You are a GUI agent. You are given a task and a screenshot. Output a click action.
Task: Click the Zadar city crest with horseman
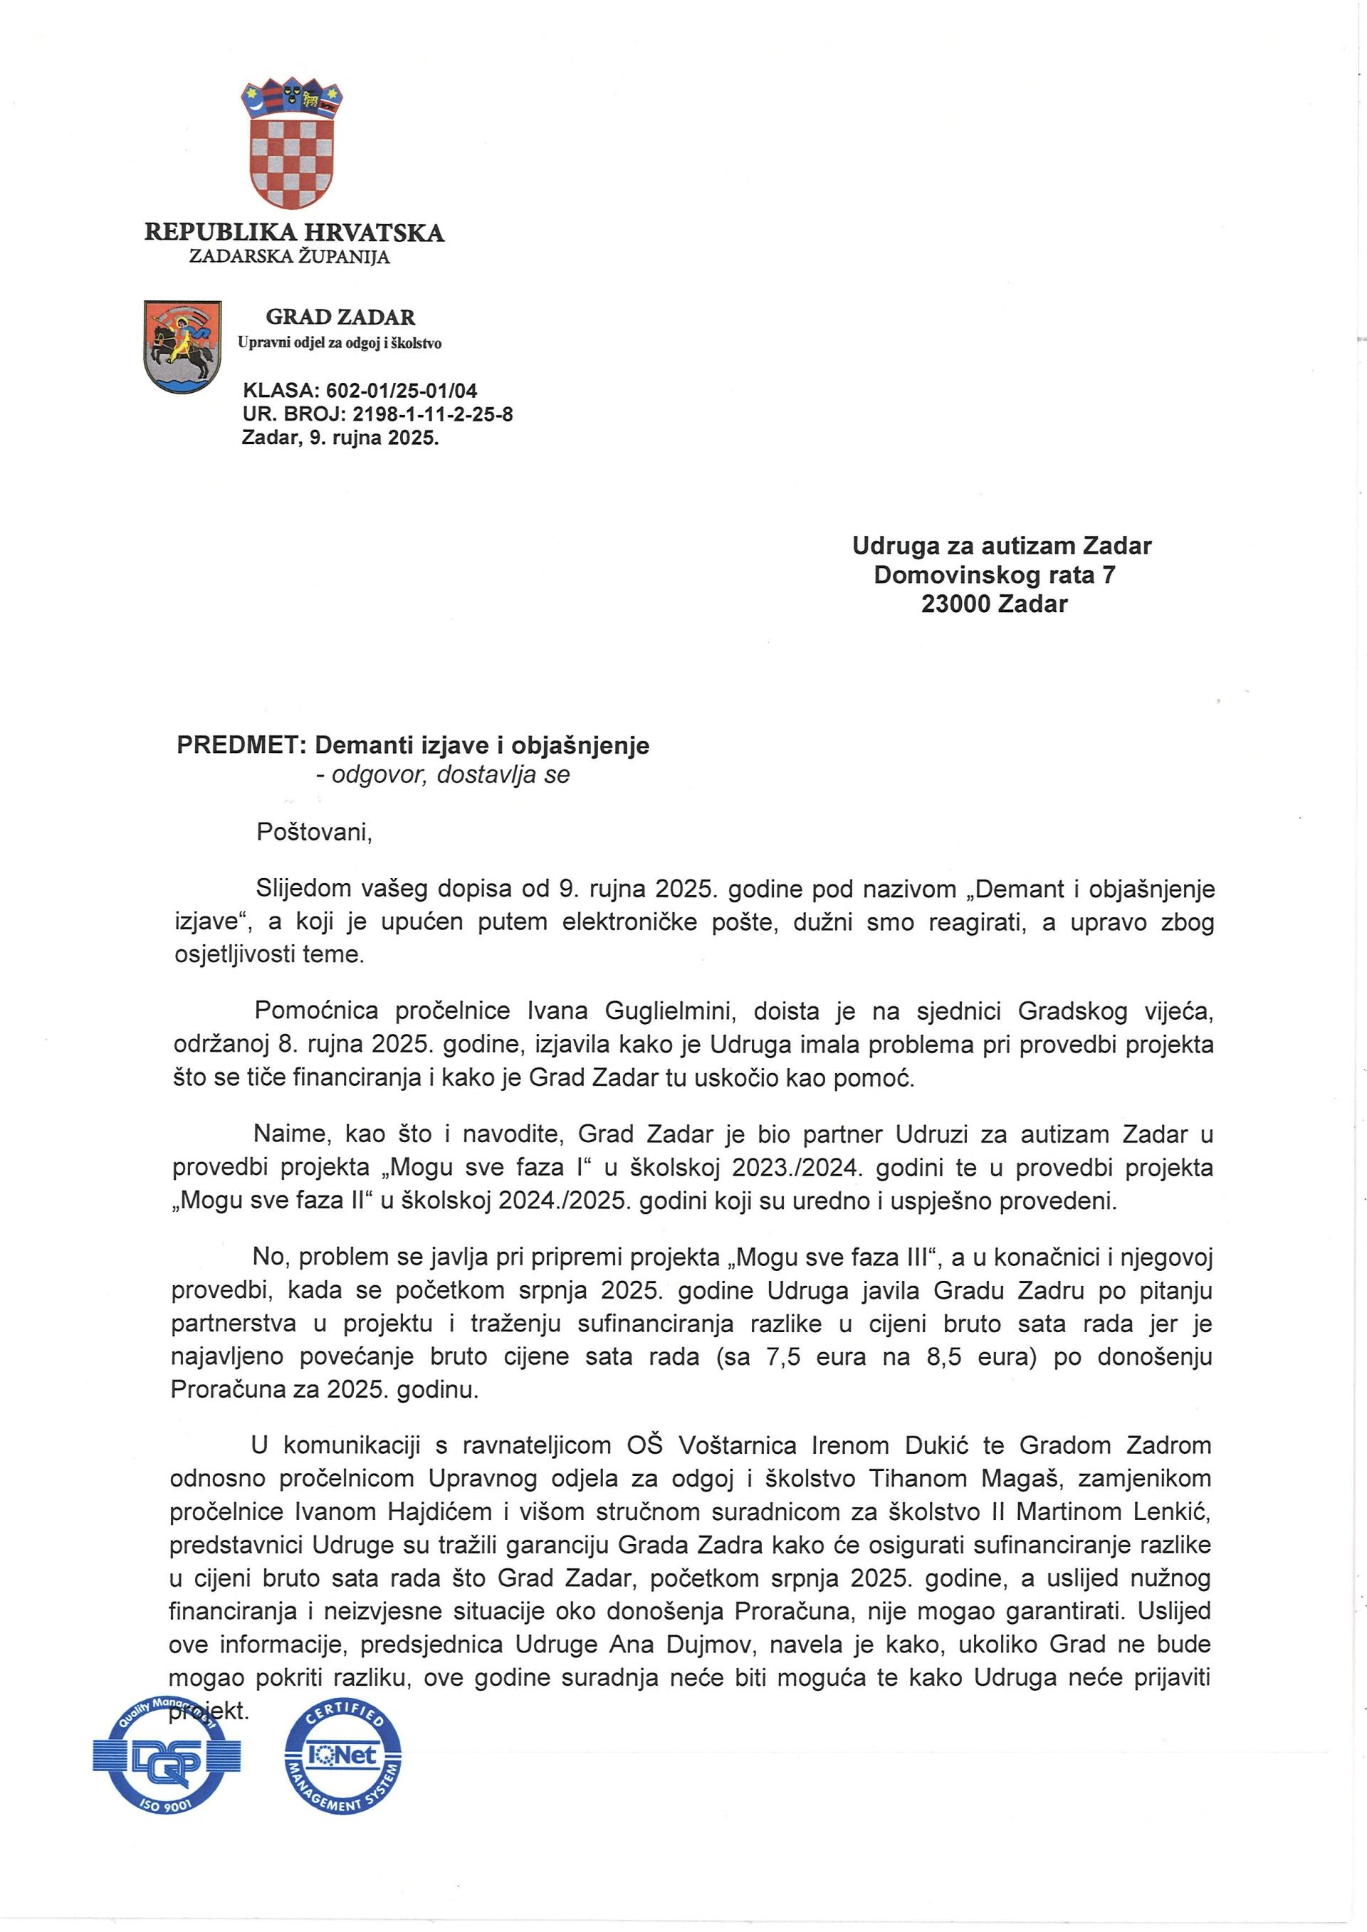click(x=183, y=346)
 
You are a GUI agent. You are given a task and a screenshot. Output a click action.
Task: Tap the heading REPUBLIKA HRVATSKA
click(x=294, y=232)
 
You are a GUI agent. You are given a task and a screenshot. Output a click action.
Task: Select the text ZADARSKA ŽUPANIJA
click(x=290, y=257)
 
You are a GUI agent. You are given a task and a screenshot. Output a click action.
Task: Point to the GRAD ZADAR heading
click(x=340, y=317)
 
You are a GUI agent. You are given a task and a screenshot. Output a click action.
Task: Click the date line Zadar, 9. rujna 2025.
click(x=340, y=438)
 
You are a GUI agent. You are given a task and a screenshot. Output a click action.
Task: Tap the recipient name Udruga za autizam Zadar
click(x=1001, y=546)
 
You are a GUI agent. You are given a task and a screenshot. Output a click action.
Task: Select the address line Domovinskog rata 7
click(x=994, y=575)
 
